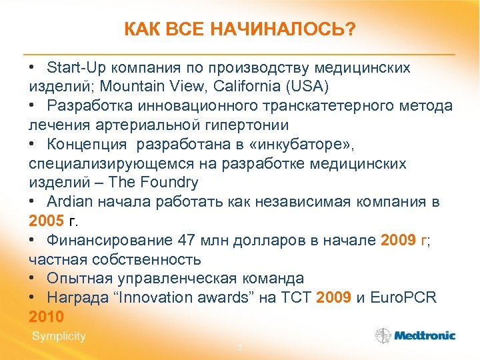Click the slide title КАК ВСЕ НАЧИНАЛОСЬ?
click(240, 29)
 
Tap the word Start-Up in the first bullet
click(73, 67)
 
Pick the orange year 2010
click(46, 316)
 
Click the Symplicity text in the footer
click(59, 337)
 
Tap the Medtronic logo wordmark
click(424, 336)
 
